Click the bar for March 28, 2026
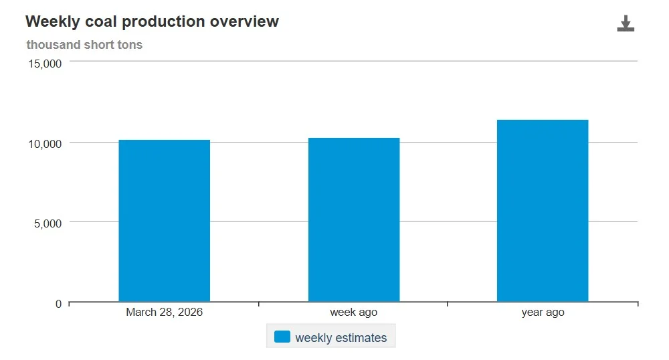(x=164, y=221)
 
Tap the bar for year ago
(x=542, y=211)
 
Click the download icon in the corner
(x=626, y=24)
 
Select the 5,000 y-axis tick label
(x=47, y=223)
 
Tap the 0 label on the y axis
(x=58, y=304)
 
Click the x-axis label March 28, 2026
(x=164, y=312)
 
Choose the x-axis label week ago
(x=353, y=312)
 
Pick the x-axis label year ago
(x=543, y=312)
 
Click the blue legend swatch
(x=282, y=337)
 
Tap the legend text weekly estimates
(x=341, y=338)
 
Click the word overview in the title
(x=244, y=21)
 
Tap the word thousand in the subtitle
(x=53, y=45)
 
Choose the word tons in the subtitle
(x=130, y=45)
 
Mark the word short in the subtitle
(x=99, y=45)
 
